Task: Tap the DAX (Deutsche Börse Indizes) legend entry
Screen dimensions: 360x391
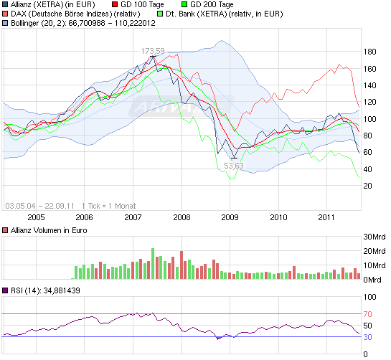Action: coord(74,14)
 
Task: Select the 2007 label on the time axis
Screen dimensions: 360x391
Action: coord(133,217)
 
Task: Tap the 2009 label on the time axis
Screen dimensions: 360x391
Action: coord(230,217)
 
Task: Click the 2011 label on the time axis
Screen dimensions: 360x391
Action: coord(326,217)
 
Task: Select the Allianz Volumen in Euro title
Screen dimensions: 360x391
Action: coord(49,230)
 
